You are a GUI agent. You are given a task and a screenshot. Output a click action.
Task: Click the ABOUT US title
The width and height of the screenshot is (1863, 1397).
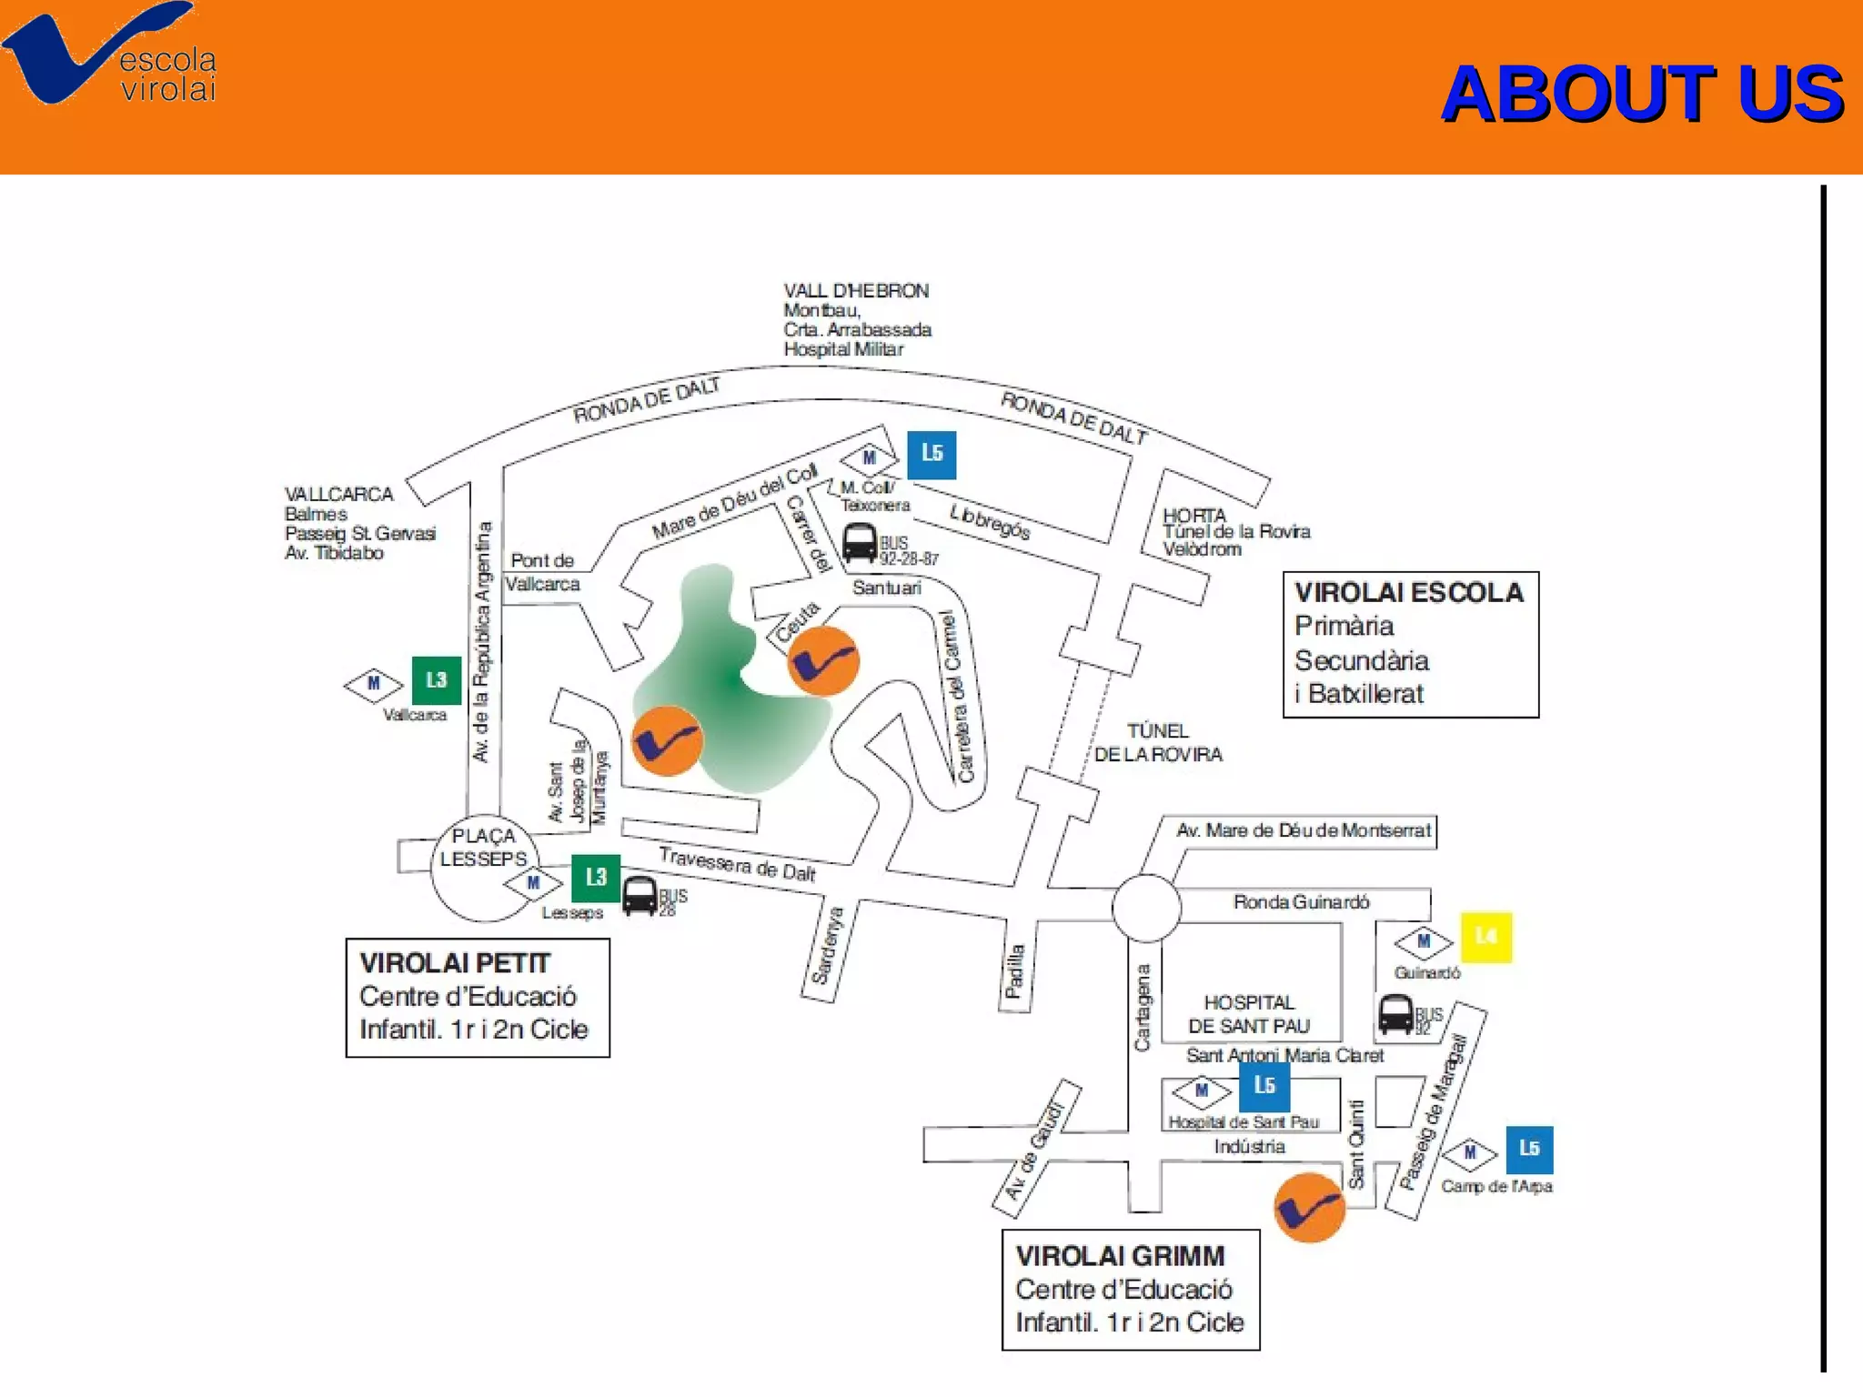1642,94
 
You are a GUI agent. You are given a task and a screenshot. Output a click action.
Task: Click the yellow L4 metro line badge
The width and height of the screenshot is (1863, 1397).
1486,937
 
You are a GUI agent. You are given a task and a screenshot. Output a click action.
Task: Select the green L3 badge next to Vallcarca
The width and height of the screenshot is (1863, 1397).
437,680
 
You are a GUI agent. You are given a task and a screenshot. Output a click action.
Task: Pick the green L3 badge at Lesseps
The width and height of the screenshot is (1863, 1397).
596,878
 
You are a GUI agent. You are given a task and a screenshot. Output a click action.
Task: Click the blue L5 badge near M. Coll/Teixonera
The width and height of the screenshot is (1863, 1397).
931,454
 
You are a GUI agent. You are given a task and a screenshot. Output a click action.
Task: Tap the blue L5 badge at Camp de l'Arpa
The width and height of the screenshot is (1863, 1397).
1529,1150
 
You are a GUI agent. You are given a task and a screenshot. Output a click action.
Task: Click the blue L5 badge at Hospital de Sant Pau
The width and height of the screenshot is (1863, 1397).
1264,1086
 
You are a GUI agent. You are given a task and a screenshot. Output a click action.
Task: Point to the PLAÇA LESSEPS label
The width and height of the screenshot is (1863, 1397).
483,848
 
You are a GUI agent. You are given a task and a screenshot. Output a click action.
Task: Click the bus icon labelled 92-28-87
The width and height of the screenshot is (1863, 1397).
860,544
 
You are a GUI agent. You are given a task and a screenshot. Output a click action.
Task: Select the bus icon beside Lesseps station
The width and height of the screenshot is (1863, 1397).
639,896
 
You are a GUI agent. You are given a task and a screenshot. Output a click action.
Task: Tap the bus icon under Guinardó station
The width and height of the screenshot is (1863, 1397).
1395,1014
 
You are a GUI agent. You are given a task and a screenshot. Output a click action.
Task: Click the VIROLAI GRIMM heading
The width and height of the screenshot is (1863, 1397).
1120,1256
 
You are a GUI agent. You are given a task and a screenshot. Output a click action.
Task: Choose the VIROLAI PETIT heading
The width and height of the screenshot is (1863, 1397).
455,963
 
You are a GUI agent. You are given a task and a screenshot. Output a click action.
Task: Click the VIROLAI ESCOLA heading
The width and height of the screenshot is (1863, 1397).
1408,593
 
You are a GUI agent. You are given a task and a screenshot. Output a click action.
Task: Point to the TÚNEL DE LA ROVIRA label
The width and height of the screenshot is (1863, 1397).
1157,743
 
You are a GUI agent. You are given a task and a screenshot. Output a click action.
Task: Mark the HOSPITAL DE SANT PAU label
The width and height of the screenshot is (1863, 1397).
1249,1014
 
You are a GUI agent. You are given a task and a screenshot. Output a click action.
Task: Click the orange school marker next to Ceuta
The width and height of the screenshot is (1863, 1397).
823,661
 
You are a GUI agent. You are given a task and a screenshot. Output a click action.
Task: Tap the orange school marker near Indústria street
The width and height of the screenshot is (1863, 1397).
1309,1208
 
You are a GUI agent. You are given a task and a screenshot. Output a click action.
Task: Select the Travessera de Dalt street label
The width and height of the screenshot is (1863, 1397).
737,864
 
